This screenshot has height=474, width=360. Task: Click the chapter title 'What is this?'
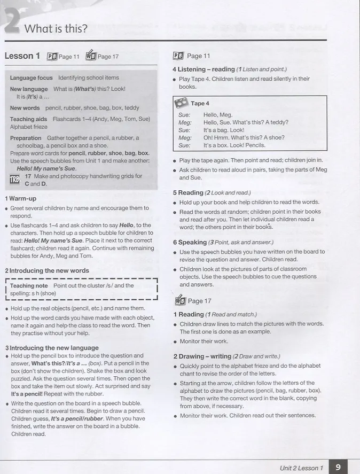[56, 29]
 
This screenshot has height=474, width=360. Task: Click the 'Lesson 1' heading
[22, 56]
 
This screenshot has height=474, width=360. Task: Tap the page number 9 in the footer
[338, 467]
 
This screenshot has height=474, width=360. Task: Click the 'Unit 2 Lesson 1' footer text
[302, 468]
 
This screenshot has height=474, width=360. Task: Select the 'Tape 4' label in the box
[200, 104]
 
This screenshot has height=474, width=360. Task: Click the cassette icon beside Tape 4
[182, 102]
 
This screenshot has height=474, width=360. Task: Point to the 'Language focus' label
[31, 78]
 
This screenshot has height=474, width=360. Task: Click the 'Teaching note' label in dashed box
[29, 286]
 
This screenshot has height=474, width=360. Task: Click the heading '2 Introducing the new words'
[47, 271]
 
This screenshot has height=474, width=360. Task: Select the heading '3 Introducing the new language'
[52, 348]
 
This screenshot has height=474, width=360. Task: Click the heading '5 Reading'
[188, 193]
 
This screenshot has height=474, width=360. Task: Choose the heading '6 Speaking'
[190, 242]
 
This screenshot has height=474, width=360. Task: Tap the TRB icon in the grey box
[14, 180]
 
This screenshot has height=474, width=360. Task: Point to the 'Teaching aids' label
[29, 119]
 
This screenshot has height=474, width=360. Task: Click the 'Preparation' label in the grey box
[26, 138]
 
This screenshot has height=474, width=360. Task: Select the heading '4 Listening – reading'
[204, 69]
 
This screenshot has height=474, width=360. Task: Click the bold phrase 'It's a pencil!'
[30, 394]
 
